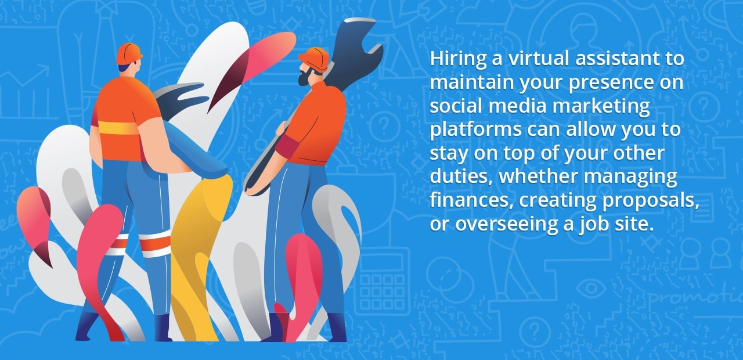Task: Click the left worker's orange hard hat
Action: point(129,53)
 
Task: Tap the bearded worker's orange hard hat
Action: point(315,59)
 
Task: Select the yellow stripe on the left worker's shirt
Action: point(119,127)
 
